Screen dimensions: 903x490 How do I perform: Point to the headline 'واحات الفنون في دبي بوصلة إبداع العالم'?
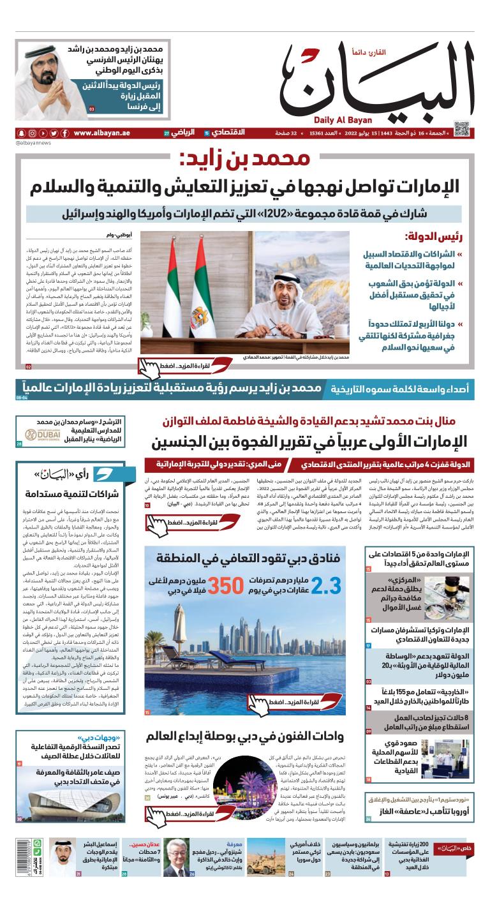[249, 735]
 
